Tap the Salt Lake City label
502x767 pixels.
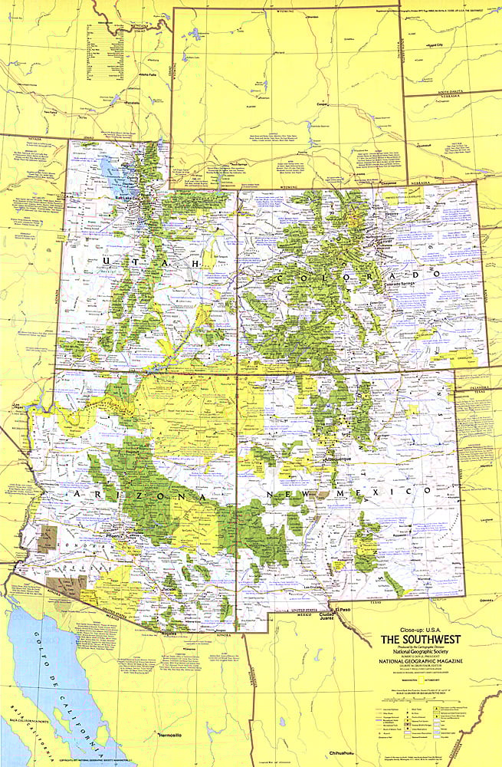[107, 198]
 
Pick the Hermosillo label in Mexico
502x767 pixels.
[169, 736]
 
